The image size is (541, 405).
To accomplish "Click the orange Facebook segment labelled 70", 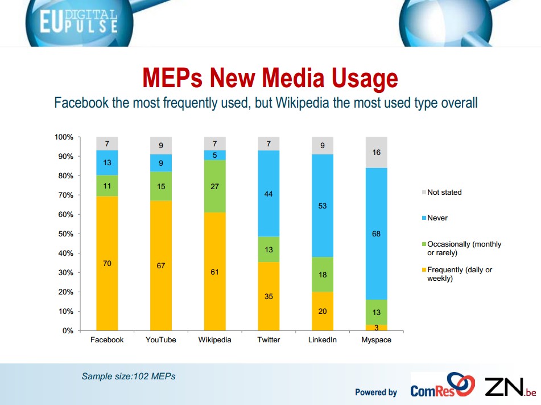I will (107, 263).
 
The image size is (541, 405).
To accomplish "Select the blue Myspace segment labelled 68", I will (376, 234).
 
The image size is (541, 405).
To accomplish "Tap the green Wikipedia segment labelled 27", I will (214, 186).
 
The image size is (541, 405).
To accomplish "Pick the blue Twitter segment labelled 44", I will (269, 193).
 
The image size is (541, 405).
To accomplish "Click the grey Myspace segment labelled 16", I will (376, 152).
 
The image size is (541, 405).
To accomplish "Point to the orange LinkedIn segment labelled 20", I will (323, 311).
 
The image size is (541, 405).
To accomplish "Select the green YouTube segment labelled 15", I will (161, 186).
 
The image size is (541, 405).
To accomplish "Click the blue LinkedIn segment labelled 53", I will (323, 206).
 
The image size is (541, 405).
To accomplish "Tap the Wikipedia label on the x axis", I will (214, 340).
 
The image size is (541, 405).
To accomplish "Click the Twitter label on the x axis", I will (269, 340).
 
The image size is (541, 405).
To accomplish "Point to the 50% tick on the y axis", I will (64, 234).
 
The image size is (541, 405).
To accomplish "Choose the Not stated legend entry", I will (444, 193).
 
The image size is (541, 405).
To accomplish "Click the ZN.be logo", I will (509, 387).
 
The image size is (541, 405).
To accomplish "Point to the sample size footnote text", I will (129, 376).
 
